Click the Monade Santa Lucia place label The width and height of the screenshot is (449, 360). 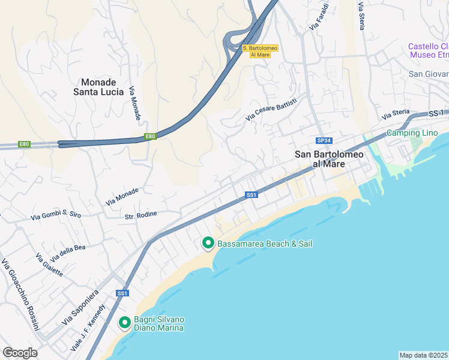98,87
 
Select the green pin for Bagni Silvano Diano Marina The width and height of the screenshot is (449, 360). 125,323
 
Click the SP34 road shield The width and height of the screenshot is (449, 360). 324,140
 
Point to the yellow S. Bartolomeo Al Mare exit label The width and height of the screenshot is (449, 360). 256,51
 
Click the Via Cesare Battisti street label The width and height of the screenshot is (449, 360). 271,110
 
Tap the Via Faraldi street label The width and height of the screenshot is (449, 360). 319,17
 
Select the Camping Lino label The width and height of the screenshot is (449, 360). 412,133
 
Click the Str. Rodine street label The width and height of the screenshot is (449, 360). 140,214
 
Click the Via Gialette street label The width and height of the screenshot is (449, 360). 49,265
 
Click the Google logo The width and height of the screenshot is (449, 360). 20,353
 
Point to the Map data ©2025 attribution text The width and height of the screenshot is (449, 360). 424,355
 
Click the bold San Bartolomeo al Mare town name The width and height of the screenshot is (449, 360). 329,160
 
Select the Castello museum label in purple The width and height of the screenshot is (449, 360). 428,50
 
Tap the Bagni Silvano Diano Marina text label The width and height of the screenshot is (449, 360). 158,323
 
